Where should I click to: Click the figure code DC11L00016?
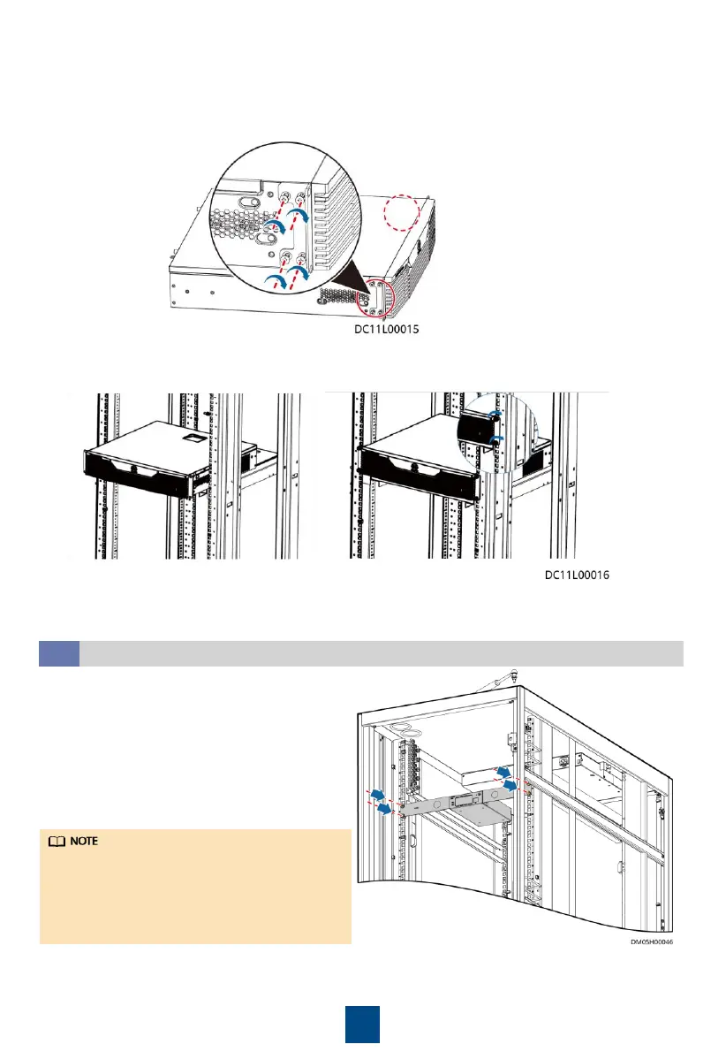(577, 574)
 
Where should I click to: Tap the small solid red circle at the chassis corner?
(377, 298)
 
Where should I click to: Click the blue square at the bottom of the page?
(362, 1024)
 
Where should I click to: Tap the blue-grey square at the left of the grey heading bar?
(59, 653)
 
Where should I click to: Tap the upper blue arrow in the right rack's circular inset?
(496, 413)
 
